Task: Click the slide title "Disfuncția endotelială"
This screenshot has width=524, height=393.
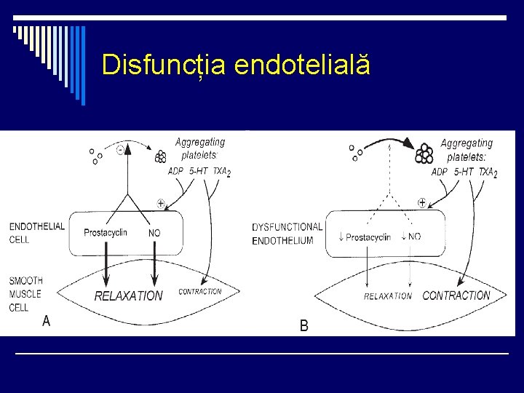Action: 236,65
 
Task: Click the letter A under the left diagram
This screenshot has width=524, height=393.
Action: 47,320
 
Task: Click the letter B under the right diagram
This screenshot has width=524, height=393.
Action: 304,326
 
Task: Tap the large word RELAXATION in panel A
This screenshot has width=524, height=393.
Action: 129,296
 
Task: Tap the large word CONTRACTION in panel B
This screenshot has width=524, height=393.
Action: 456,295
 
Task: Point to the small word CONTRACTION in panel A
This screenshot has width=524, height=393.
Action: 200,291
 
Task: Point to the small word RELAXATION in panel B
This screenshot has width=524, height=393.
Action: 388,296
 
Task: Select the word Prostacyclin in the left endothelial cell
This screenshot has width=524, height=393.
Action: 106,233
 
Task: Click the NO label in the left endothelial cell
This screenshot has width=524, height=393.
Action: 154,233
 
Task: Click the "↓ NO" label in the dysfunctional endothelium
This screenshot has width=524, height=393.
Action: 410,237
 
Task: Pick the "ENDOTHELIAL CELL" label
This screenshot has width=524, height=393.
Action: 36,233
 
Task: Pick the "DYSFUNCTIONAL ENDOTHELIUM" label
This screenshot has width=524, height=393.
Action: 287,234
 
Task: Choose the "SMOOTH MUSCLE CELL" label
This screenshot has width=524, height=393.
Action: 26,293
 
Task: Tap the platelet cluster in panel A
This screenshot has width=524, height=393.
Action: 161,155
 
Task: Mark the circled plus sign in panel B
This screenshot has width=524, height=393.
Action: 422,201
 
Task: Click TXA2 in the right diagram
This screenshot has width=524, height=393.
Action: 485,172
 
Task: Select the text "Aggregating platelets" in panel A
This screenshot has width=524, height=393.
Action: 199,148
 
